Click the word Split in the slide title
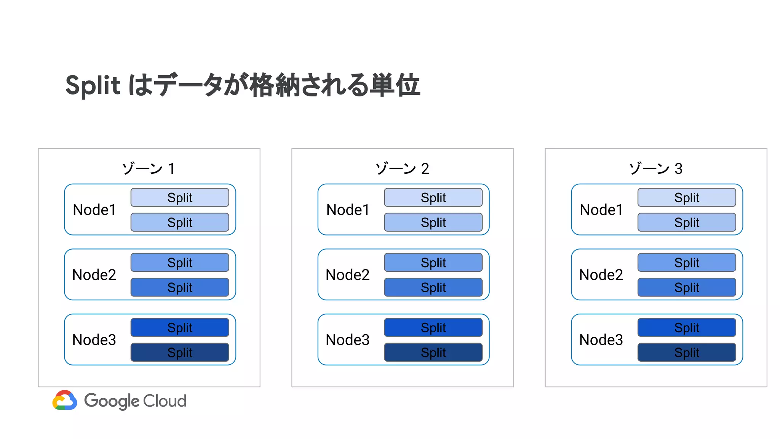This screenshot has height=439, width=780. click(93, 85)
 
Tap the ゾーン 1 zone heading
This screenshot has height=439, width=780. click(148, 168)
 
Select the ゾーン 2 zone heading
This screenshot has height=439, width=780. click(402, 168)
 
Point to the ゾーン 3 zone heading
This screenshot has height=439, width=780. click(655, 168)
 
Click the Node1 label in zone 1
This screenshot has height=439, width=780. click(94, 210)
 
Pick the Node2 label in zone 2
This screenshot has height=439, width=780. click(347, 275)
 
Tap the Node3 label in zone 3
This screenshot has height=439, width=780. click(601, 340)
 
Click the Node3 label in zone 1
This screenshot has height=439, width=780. click(94, 340)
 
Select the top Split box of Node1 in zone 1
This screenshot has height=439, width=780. click(180, 197)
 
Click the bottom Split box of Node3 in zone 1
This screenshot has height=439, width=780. click(180, 352)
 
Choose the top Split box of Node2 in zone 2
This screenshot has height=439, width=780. click(433, 263)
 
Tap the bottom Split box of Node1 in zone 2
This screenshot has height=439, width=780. click(433, 222)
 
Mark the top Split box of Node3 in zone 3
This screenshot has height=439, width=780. click(687, 327)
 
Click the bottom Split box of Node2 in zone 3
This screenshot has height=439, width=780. click(687, 287)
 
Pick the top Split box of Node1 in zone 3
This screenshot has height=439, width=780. click(687, 197)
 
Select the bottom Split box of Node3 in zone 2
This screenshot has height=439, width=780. click(433, 352)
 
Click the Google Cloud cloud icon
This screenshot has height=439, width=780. click(65, 400)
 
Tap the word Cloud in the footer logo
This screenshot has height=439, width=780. click(165, 401)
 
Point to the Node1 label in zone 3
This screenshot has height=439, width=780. click(601, 210)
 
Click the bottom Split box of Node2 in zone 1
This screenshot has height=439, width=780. click(180, 287)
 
